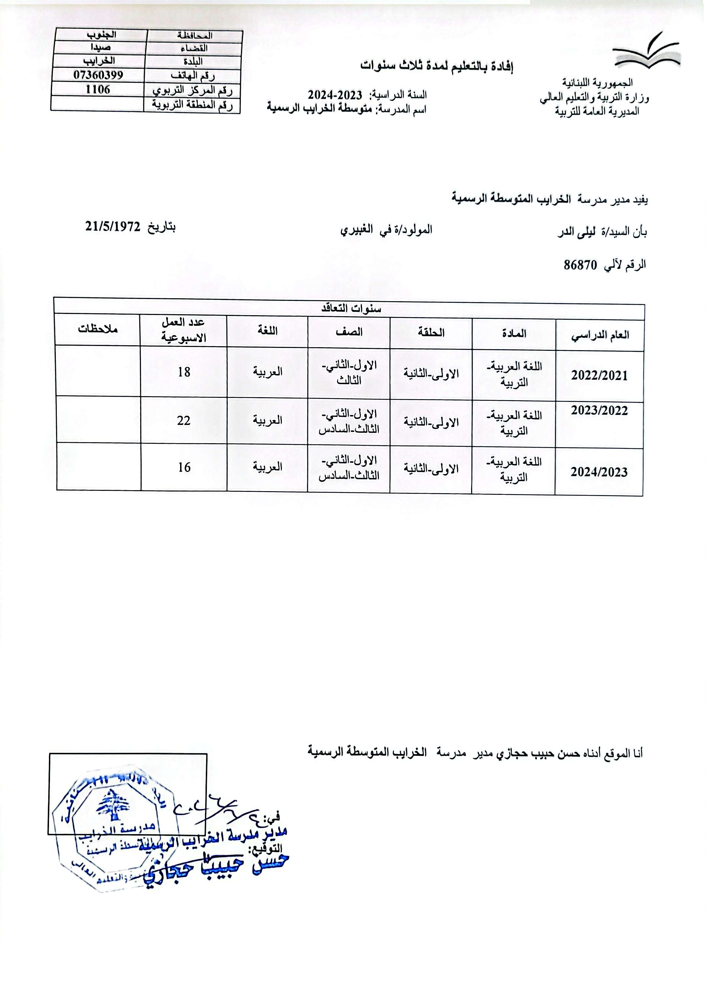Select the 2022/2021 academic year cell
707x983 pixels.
(599, 375)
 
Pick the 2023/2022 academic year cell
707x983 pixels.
(599, 410)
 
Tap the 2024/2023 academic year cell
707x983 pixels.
(599, 472)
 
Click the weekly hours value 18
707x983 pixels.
(184, 371)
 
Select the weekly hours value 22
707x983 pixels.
(184, 420)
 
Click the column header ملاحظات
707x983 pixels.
(98, 329)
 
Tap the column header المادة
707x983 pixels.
(513, 333)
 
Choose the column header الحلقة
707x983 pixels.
(431, 333)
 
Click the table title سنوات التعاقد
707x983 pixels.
(351, 309)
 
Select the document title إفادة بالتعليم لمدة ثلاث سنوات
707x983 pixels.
(437, 66)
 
